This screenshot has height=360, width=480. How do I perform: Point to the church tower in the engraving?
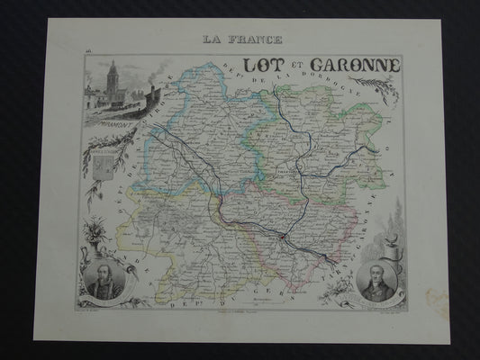(x=112, y=79)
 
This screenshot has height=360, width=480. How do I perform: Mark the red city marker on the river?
(x=283, y=238)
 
